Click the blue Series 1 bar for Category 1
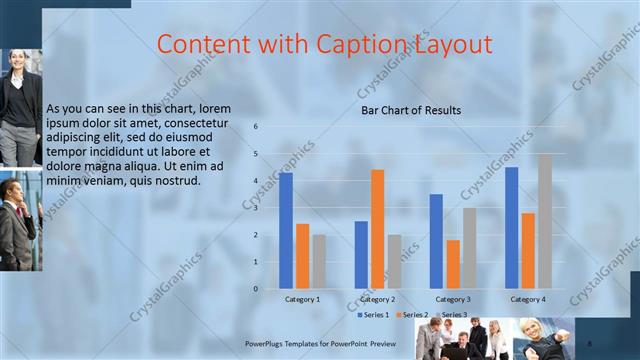coord(286,230)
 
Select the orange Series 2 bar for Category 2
coord(377,229)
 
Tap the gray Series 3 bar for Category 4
coord(544,221)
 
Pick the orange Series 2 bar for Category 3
coord(453,264)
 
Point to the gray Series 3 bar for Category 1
coord(319,261)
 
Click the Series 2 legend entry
coord(412,315)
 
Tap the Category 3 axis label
coord(453,299)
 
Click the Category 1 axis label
coord(302,299)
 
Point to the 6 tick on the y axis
coord(257,127)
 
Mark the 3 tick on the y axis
coord(257,208)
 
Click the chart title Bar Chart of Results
coord(411,110)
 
